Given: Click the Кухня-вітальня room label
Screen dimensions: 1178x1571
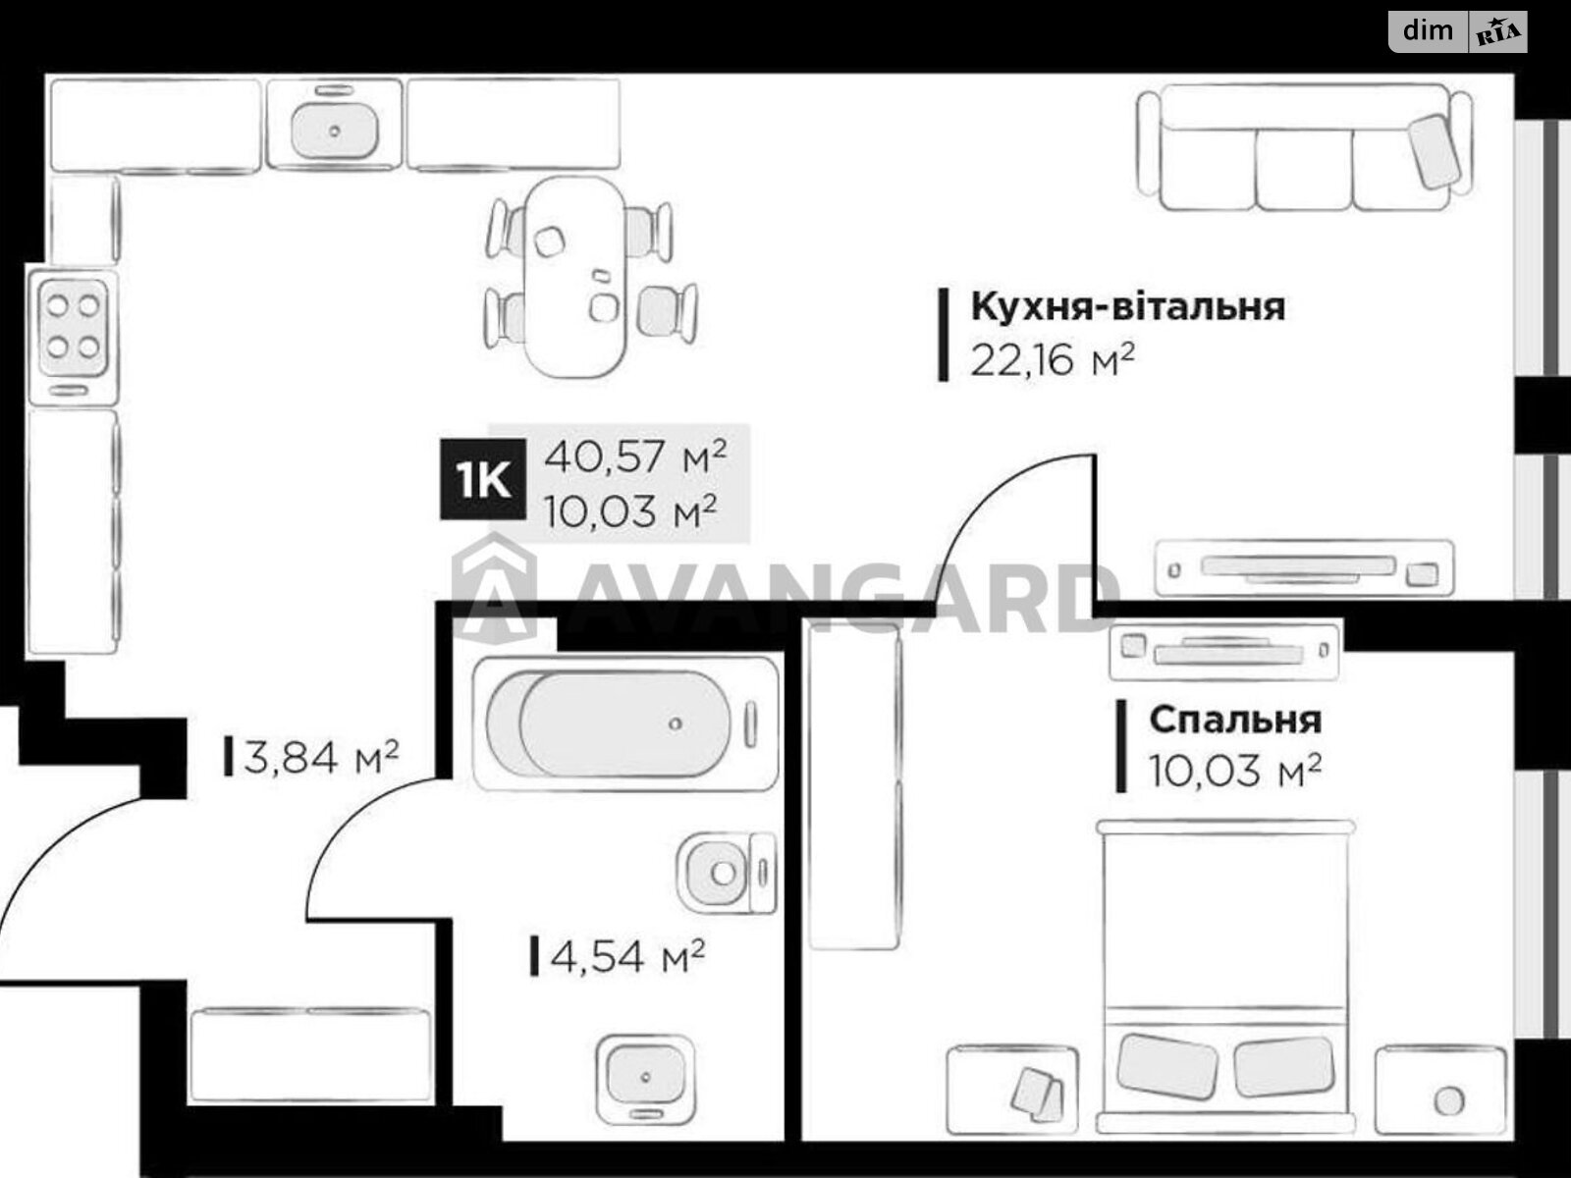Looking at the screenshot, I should point(1127,307).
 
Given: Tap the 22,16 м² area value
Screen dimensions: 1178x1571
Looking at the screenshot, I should point(1053,360).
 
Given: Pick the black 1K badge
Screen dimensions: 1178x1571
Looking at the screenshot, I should point(482,481).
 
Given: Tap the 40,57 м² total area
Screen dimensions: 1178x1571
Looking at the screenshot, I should point(635,456).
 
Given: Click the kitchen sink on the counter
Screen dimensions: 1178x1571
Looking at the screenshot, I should point(335,128).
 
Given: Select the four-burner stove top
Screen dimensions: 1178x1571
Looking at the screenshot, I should point(74,324).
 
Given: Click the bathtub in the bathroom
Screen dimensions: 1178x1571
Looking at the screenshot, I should point(624,723).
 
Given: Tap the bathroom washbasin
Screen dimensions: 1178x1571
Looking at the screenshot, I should point(646,1074).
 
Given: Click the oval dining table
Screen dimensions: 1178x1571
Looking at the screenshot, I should point(575,277).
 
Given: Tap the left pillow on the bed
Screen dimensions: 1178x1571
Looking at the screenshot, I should point(1167,1065).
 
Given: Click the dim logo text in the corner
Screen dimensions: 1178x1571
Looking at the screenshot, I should point(1428,30).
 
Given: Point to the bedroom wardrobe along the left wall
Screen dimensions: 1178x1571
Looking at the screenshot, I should point(853,785).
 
